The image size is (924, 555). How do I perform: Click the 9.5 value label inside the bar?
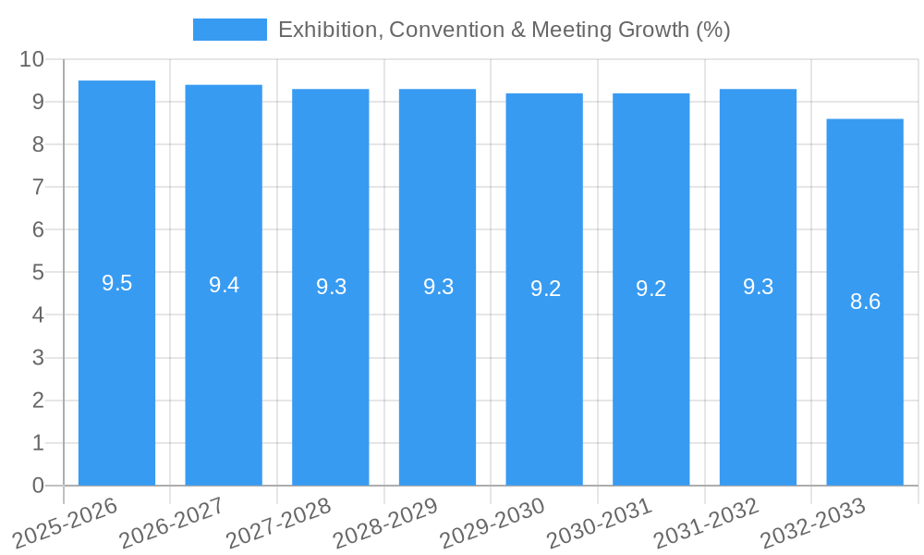[116, 284]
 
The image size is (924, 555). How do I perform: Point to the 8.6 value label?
[865, 302]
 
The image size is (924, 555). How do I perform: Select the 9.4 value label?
[224, 286]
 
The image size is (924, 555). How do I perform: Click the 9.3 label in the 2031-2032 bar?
[758, 288]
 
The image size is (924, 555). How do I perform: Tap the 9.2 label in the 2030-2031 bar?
[650, 290]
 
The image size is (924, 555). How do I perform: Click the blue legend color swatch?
[229, 30]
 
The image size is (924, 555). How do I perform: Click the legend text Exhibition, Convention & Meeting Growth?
[504, 30]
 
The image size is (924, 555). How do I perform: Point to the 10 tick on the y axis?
[32, 59]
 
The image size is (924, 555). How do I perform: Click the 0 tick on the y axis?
[38, 486]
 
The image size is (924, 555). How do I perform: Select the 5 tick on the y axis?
[38, 273]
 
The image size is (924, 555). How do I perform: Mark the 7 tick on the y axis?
[38, 187]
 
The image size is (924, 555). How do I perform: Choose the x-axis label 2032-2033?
[813, 523]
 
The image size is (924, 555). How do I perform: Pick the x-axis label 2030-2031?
[600, 523]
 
